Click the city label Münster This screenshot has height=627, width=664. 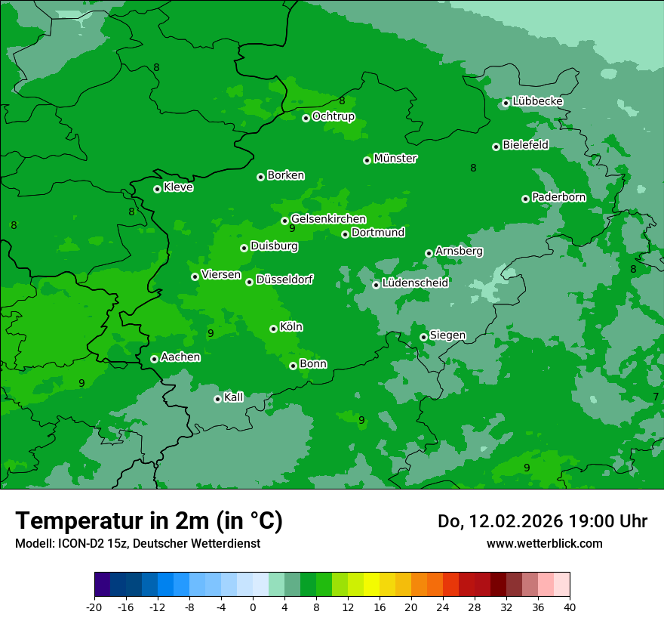tap(395, 159)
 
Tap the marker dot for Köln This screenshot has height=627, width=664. tap(273, 329)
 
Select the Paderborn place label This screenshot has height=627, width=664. tap(559, 197)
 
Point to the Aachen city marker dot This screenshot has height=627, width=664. tap(154, 359)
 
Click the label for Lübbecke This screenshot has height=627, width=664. tap(537, 101)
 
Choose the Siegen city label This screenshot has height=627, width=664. tap(447, 335)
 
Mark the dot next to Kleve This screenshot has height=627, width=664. tap(157, 189)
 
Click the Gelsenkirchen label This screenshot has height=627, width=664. tap(328, 219)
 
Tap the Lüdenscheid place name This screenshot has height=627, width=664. tap(416, 283)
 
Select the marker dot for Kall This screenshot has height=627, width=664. tap(217, 399)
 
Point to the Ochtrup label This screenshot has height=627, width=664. tap(334, 116)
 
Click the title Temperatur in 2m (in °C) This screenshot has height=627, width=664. tap(149, 521)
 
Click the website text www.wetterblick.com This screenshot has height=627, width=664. tap(545, 543)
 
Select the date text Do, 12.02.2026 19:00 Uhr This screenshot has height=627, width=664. tap(543, 521)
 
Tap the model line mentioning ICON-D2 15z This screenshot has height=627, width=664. tap(137, 543)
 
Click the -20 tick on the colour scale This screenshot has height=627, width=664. tap(94, 607)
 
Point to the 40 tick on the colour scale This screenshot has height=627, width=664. tap(570, 607)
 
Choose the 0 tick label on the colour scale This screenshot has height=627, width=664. tap(253, 607)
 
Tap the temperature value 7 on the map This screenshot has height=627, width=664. tap(656, 397)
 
